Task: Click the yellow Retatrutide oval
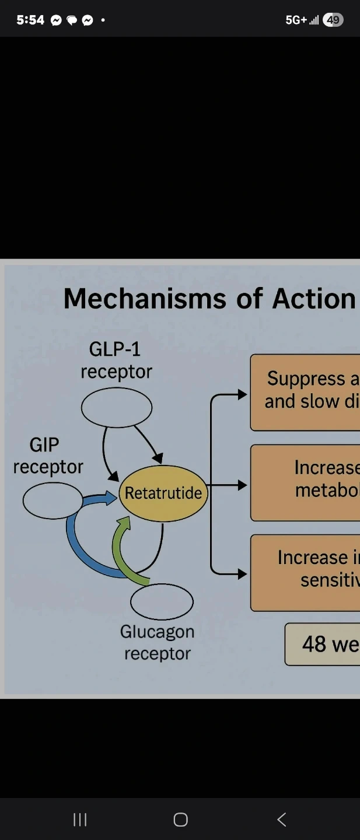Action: point(163,493)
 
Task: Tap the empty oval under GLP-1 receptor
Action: point(117,408)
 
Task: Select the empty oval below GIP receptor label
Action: point(53,501)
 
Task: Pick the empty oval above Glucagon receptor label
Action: point(162,602)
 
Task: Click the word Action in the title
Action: point(314,299)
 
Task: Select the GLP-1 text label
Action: point(115,349)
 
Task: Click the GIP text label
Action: point(44,445)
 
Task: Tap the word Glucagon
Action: point(157,632)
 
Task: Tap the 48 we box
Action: point(323,644)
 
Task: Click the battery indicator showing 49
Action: point(333,20)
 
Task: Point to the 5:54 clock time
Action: point(30,20)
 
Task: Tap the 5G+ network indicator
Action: point(296,20)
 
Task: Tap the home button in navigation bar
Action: point(180,820)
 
